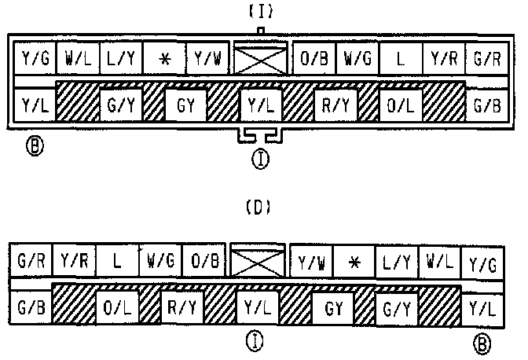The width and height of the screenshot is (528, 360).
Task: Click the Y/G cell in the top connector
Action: tap(35, 57)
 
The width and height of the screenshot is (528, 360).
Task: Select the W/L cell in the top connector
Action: tap(77, 57)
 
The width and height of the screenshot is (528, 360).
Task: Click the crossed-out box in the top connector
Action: tap(260, 57)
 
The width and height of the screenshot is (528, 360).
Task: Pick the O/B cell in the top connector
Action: tap(313, 57)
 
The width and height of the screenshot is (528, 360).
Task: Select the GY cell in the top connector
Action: tap(185, 103)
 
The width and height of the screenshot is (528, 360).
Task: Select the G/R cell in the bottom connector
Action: tap(31, 260)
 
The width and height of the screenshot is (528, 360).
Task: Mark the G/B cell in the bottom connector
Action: tap(31, 305)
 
